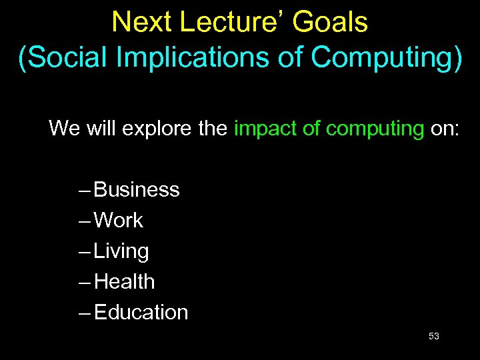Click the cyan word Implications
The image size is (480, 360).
pos(184,57)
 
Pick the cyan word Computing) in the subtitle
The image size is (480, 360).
pos(387,57)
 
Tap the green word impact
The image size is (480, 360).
pos(265,128)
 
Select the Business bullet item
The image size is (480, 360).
pos(137,190)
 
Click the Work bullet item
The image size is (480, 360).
pos(119,221)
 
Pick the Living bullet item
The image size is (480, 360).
pos(121,252)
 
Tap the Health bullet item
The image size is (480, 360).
pos(125,282)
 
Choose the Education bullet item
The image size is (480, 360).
pos(141,313)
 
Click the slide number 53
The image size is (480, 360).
pos(433,337)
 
